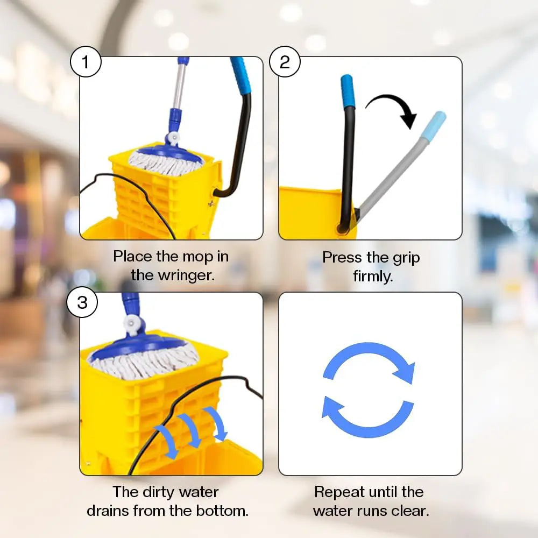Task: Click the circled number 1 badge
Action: coord(86,63)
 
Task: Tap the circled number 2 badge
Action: coord(285,63)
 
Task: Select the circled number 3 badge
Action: coord(82,302)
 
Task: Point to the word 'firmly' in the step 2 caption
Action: coord(372,277)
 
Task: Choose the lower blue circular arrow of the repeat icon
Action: coord(366,417)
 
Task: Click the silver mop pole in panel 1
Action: coord(180,86)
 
